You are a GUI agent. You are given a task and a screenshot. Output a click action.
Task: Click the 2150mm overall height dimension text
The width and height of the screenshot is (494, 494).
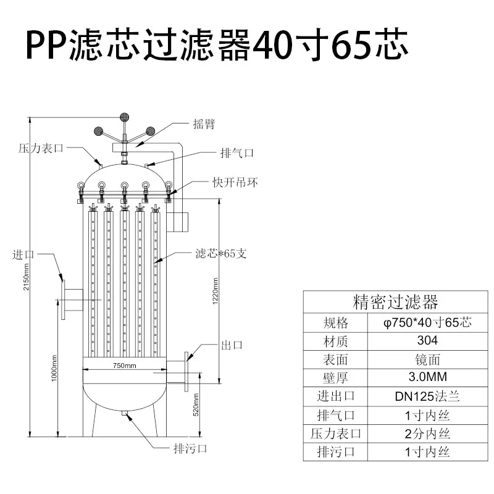(x=27, y=277)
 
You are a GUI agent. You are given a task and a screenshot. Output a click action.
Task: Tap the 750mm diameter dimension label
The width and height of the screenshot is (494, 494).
(x=125, y=366)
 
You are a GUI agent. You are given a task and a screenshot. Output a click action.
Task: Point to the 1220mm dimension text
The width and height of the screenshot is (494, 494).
(x=216, y=291)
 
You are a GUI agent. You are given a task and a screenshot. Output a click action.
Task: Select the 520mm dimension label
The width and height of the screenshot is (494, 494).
(x=196, y=405)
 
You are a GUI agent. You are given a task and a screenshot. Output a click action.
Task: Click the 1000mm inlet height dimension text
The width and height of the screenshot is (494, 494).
(x=54, y=368)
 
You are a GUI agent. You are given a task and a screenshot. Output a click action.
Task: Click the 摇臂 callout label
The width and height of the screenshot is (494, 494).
(x=204, y=124)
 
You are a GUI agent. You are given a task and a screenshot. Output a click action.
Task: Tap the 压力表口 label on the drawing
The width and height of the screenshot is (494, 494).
(x=41, y=148)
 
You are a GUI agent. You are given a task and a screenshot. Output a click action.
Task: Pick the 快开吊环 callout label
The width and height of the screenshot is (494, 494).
(x=235, y=182)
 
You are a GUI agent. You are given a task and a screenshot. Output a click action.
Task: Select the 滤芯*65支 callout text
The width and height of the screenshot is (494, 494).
(x=221, y=253)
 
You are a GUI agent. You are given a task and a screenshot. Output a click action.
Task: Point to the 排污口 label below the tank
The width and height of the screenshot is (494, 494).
(x=190, y=448)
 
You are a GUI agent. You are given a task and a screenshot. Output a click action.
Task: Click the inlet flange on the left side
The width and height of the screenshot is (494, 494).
(x=64, y=299)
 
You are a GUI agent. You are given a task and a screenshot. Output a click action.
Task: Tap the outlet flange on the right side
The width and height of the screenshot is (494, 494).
(x=186, y=372)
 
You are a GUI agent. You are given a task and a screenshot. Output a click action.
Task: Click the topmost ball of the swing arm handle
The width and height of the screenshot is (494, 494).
(x=125, y=117)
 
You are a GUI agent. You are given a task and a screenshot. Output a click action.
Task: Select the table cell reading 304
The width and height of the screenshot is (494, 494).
(x=427, y=341)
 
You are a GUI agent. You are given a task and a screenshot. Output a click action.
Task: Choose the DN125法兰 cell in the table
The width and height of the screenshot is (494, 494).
(x=427, y=396)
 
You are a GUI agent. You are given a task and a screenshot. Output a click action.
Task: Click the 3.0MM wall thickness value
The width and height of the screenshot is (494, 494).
(x=427, y=377)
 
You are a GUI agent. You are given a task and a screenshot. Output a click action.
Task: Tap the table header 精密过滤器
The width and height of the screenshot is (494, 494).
(x=395, y=302)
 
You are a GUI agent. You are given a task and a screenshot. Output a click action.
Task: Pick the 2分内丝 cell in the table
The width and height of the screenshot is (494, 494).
(x=427, y=434)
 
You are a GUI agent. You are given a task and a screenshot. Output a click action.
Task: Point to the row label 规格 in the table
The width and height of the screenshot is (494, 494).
(x=335, y=323)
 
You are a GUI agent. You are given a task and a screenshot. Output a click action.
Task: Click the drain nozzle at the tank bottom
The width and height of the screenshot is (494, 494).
(x=125, y=413)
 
